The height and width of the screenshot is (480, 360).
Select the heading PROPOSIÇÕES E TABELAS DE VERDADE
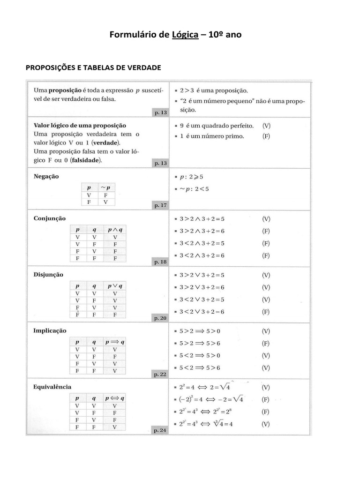pyautogui.click(x=93, y=67)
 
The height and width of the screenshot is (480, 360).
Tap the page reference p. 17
pyautogui.click(x=160, y=205)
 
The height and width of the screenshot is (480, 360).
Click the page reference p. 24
pyautogui.click(x=160, y=430)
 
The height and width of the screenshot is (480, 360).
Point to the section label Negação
pyautogui.click(x=46, y=177)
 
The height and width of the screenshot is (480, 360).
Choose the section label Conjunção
pyautogui.click(x=50, y=218)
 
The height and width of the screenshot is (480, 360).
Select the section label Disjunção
pyautogui.click(x=49, y=274)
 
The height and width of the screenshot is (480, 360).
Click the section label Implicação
pyautogui.click(x=50, y=330)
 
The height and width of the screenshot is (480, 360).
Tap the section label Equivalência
pyautogui.click(x=52, y=387)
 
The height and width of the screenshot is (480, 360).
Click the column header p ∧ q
pyautogui.click(x=115, y=230)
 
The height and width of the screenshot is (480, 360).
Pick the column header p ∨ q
pyautogui.click(x=115, y=285)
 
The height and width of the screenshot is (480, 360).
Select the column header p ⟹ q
pyautogui.click(x=115, y=342)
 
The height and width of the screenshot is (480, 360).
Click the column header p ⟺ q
pyautogui.click(x=115, y=398)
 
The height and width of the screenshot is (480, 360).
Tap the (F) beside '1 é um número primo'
pyautogui.click(x=266, y=136)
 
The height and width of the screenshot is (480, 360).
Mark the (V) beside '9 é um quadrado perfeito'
pyautogui.click(x=266, y=126)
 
